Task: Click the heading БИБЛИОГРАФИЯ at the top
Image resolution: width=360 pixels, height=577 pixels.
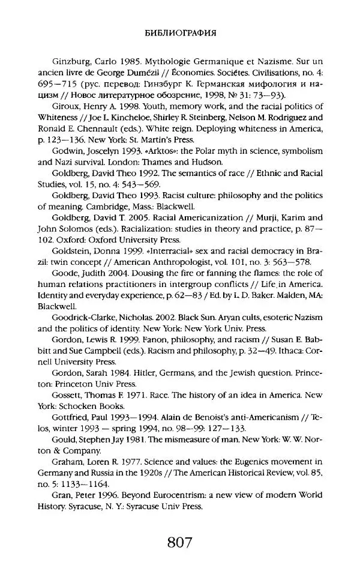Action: [180, 33]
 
